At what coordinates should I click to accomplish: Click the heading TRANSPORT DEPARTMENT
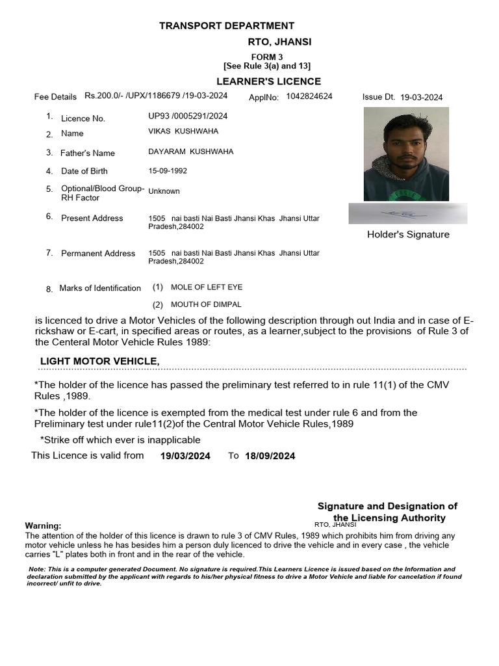coord(227,26)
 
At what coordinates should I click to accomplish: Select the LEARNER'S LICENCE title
coord(268,81)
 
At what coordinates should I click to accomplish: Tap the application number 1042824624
coord(309,96)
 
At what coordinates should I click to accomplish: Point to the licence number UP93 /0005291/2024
coord(188,116)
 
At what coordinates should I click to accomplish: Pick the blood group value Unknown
coord(164,191)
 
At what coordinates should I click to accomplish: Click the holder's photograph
coord(406,154)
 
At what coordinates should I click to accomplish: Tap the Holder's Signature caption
coord(408,234)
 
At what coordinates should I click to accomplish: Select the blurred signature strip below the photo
coord(407,213)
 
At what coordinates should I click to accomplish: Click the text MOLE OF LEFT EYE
coord(206,287)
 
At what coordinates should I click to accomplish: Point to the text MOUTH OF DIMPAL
coord(205,304)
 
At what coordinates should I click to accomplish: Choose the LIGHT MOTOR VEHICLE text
coord(100,361)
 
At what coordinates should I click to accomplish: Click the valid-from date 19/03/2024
coord(185,456)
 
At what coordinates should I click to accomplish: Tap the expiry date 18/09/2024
coord(270,456)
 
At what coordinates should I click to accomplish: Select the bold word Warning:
coord(43,526)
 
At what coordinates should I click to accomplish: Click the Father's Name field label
coord(87,153)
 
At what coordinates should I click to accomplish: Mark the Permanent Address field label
coord(98,254)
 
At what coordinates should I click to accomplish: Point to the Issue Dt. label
coord(378,97)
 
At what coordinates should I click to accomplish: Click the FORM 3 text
coord(267,57)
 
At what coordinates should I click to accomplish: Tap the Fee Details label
coord(55,97)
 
